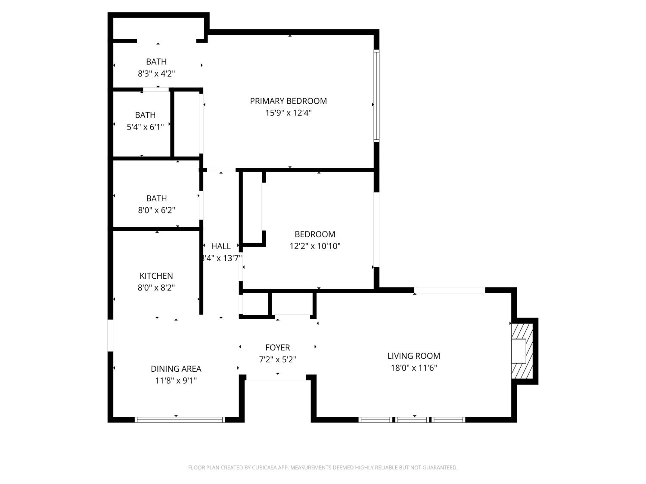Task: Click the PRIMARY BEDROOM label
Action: click(288, 101)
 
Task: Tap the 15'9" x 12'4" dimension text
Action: click(288, 113)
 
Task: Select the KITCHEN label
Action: click(156, 276)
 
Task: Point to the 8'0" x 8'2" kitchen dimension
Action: click(156, 288)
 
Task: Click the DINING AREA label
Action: click(176, 369)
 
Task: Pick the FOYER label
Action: click(277, 347)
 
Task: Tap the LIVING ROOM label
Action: click(413, 356)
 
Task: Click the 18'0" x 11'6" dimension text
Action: click(413, 368)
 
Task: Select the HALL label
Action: click(221, 246)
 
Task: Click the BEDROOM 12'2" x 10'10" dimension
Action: click(315, 246)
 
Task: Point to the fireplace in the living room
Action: click(522, 351)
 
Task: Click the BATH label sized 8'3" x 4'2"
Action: click(156, 62)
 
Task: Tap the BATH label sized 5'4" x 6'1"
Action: click(145, 115)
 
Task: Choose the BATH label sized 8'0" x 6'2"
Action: click(156, 198)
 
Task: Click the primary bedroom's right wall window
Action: click(376, 96)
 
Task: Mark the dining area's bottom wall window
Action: click(180, 419)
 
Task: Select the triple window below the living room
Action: click(412, 419)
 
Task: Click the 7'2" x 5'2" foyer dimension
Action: click(277, 359)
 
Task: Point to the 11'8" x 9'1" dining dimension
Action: click(176, 381)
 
